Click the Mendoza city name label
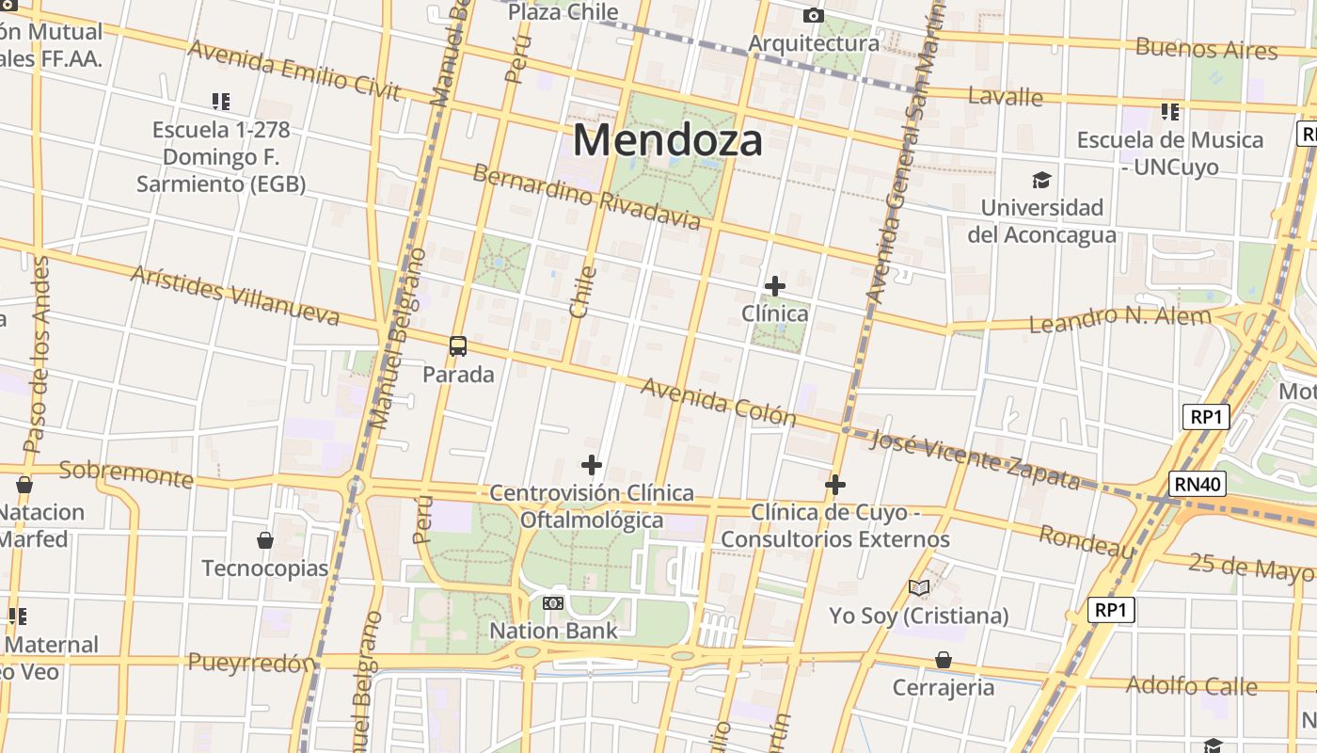pos(667,141)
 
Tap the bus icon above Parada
pos(458,346)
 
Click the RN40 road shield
pos(1198,485)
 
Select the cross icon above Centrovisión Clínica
pos(592,465)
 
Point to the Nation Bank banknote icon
pos(553,602)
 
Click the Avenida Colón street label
pos(718,402)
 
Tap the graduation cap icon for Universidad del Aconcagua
pos(1041,180)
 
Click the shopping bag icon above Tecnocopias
pos(265,540)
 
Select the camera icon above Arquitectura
pos(814,16)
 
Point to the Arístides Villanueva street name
pos(235,296)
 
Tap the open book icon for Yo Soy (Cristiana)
pos(919,588)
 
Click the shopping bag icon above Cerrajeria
pos(944,660)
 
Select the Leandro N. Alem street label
pos(1119,319)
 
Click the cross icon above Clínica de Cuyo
pos(835,486)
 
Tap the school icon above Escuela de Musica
pos(1170,112)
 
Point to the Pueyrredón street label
pos(251,663)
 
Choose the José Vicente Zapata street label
pos(975,459)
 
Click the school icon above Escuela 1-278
pos(221,101)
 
